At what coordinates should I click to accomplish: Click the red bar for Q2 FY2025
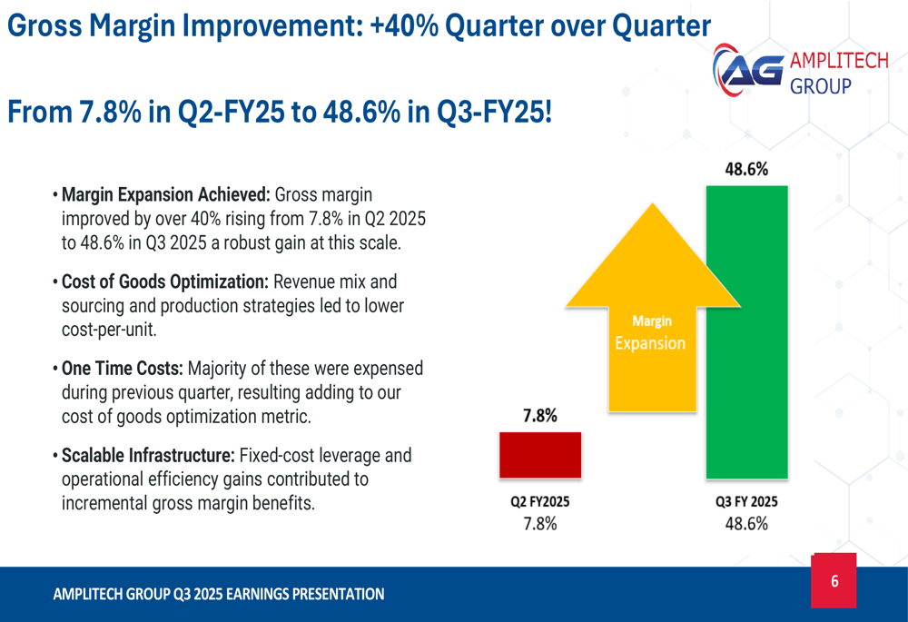[539, 454]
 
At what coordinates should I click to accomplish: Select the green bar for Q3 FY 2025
[746, 331]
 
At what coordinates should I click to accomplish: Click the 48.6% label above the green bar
[746, 169]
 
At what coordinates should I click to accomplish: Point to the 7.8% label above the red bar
[539, 416]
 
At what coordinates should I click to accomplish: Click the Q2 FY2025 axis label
[539, 501]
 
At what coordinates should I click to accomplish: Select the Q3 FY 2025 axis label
[746, 501]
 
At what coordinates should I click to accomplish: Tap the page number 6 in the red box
[834, 581]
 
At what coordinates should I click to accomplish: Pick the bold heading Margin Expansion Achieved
[166, 194]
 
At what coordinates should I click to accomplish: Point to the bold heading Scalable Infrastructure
[149, 455]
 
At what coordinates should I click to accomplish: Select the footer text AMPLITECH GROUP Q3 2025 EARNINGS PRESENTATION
[219, 594]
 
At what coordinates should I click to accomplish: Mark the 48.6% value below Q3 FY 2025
[746, 524]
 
